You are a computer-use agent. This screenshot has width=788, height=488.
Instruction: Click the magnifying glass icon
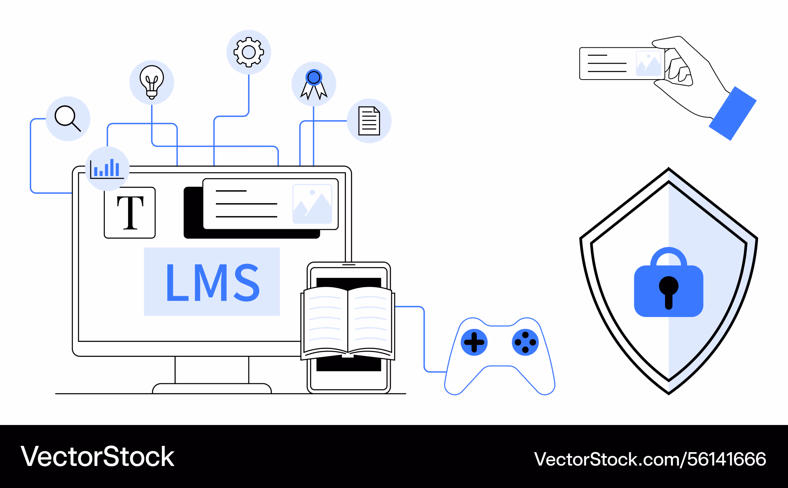68,118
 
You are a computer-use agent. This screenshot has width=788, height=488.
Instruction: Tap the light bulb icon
152,82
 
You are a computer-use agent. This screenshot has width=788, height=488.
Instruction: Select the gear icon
249,52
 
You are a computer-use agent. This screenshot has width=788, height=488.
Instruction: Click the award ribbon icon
314,83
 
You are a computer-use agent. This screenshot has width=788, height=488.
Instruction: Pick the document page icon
369,121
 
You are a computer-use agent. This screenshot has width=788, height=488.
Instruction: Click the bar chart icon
107,169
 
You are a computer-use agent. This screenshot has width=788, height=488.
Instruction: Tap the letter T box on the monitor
130,213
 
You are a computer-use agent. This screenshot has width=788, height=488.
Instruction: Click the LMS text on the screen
212,282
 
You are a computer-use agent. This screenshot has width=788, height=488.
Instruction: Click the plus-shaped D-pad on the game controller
474,342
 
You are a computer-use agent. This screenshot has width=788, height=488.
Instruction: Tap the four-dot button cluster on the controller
525,342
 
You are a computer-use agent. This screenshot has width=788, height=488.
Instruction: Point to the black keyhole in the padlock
669,291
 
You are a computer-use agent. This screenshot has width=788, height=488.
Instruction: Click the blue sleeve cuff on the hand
733,113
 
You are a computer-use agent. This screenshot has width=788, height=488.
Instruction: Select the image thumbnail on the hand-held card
648,63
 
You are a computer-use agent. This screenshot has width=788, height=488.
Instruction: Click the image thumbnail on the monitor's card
312,204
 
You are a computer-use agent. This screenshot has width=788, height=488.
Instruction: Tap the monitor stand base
212,388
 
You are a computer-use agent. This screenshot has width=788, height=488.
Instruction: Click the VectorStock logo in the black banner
97,457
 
